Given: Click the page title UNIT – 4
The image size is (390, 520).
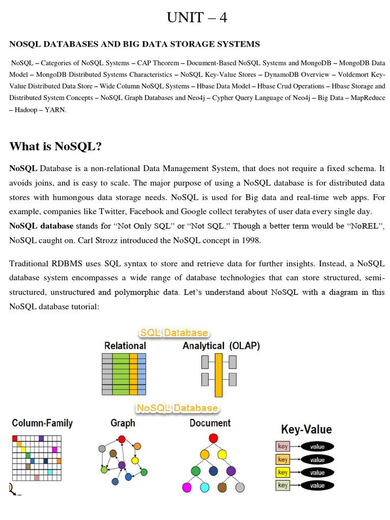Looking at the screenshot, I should coord(197,18).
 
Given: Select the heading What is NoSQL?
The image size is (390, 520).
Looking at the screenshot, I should coord(55,146).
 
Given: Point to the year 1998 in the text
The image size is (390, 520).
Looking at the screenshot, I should coord(251,241).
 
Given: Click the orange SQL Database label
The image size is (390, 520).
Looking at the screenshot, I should coord(174,333).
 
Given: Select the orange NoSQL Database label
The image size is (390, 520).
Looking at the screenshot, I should coord(177,408).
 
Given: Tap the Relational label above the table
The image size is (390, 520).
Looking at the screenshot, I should coord(125,346).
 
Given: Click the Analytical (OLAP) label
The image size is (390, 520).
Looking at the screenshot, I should coord(221,346).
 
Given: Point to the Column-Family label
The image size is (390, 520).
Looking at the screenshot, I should coord(42,423).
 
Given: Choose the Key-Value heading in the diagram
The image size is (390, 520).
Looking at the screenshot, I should coord(306,430).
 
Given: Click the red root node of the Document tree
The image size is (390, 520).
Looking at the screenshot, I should coord(213,438).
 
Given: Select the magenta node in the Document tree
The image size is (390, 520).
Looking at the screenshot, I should coord(187,487).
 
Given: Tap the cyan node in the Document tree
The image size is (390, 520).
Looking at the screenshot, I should coord(205,487).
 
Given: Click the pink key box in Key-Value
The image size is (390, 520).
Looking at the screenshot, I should coord(283,447).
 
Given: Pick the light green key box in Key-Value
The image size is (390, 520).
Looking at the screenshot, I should coord(283,485).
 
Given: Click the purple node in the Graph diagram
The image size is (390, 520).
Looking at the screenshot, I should coord(122,465).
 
